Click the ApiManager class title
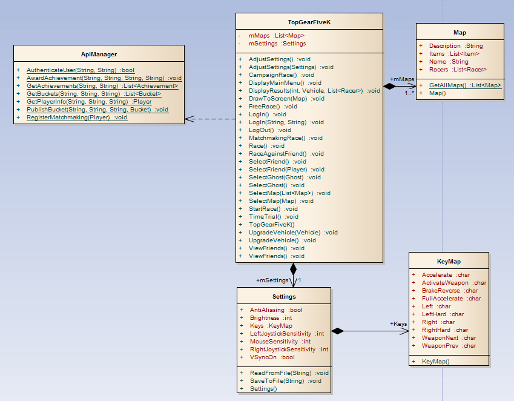pos(99,55)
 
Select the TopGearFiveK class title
pos(309,22)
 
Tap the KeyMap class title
pos(449,261)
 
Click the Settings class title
pos(284,296)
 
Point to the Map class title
pos(460,32)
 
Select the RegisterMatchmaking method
pos(77,118)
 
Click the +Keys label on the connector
pos(398,324)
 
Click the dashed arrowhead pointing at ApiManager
pos(189,119)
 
